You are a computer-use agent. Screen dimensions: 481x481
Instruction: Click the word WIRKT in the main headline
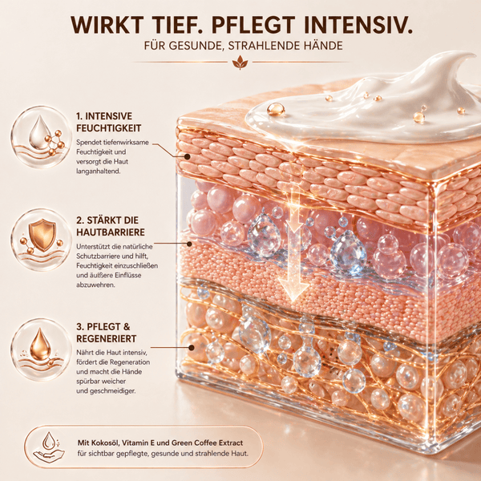[107, 25]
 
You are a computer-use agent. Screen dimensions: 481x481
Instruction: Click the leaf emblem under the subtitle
[240, 63]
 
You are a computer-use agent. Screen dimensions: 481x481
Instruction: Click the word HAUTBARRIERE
[111, 232]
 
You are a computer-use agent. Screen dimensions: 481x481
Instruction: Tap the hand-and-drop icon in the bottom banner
[49, 447]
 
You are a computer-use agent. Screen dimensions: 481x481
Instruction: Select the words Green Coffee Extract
[207, 443]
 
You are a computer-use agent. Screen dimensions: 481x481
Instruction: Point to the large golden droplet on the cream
[276, 110]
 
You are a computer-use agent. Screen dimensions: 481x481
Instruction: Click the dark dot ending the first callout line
[187, 156]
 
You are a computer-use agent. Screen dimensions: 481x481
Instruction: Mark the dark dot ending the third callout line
[192, 348]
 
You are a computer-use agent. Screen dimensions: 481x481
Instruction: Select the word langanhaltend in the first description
[98, 172]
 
